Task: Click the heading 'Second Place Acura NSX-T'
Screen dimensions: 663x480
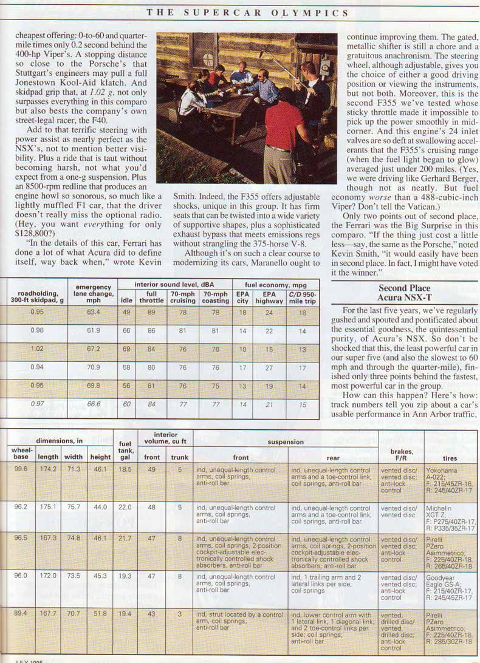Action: click(404, 293)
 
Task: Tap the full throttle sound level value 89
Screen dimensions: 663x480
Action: click(151, 312)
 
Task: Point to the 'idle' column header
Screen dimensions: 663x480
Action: click(127, 301)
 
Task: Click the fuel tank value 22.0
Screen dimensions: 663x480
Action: click(124, 507)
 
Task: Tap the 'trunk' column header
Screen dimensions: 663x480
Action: click(180, 458)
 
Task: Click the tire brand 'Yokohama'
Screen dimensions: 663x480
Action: click(441, 471)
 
